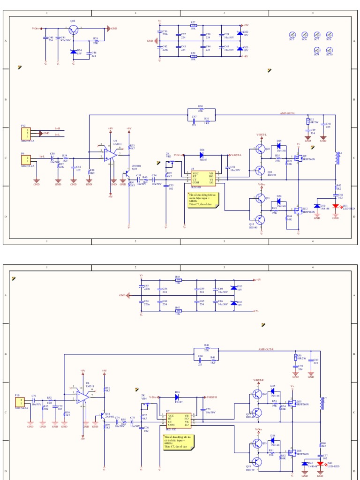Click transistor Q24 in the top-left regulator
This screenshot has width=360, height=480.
tap(73, 30)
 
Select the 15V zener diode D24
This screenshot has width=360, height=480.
tap(73, 52)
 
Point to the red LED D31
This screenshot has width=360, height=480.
tap(336, 206)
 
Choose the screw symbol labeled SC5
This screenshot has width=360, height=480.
tap(292, 35)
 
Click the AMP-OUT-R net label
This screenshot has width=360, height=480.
tap(266, 349)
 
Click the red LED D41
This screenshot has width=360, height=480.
tap(320, 464)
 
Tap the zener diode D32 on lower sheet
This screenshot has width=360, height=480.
tap(233, 288)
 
